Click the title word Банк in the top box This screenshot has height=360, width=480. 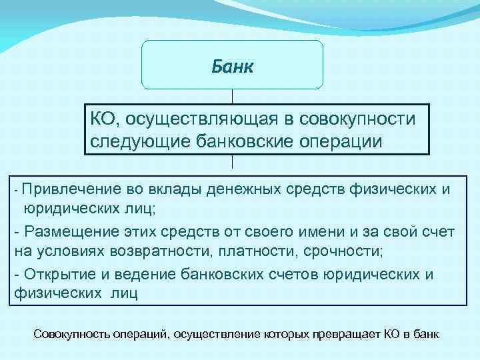tap(232, 67)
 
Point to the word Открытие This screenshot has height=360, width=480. tap(60, 274)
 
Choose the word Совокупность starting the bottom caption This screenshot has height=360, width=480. tap(67, 333)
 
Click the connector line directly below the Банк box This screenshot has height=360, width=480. tap(232, 97)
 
